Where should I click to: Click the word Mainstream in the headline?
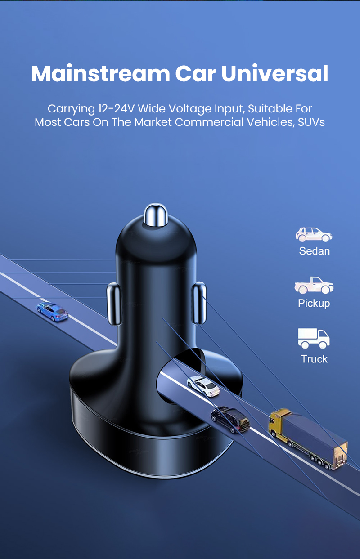pyautogui.click(x=100, y=73)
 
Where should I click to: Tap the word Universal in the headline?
pyautogui.click(x=274, y=73)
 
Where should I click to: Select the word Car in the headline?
pyautogui.click(x=195, y=74)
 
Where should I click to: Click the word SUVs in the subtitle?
pyautogui.click(x=311, y=122)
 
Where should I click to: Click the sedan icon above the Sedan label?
pyautogui.click(x=314, y=234)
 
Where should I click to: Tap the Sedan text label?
pyautogui.click(x=314, y=251)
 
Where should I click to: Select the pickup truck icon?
pyautogui.click(x=314, y=285)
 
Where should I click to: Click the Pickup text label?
pyautogui.click(x=314, y=304)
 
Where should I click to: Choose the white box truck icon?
pyautogui.click(x=314, y=338)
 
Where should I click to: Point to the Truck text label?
pyautogui.click(x=314, y=359)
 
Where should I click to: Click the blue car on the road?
pyautogui.click(x=53, y=311)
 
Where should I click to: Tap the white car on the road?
pyautogui.click(x=203, y=386)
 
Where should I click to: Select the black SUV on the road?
pyautogui.click(x=230, y=420)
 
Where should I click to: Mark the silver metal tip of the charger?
pyautogui.click(x=155, y=215)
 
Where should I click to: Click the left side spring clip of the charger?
pyautogui.click(x=114, y=304)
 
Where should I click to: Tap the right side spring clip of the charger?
pyautogui.click(x=199, y=303)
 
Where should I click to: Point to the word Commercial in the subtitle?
pyautogui.click(x=209, y=122)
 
